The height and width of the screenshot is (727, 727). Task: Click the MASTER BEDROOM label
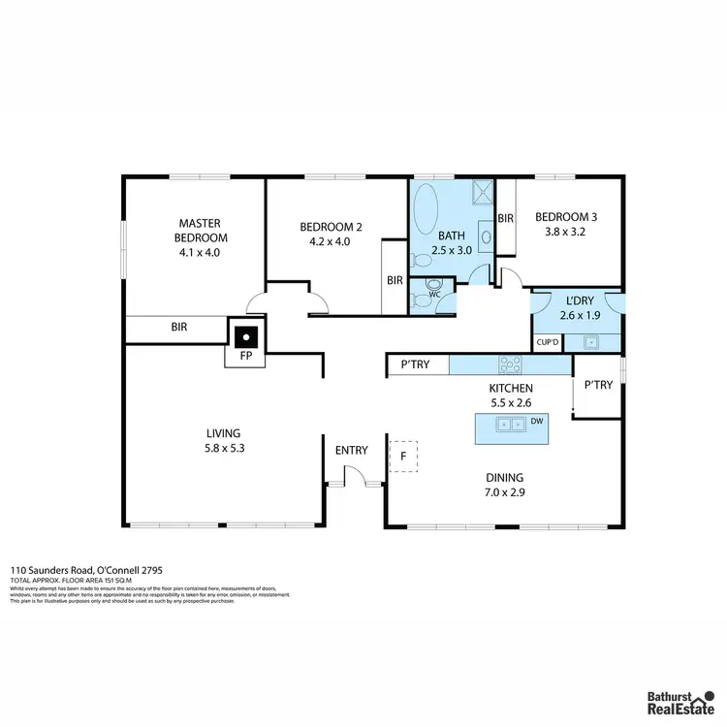[201, 230]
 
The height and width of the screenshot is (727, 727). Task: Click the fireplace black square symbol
[248, 337]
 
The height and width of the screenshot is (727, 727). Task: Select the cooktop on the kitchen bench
[510, 365]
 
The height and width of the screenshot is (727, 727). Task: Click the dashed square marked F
[403, 456]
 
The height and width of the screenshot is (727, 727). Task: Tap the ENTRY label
[351, 451]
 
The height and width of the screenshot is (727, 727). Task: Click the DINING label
[504, 477]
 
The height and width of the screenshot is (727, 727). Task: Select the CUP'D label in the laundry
[547, 341]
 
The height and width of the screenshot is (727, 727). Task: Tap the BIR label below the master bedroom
[179, 329]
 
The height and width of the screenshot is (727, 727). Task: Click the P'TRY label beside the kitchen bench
[417, 365]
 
